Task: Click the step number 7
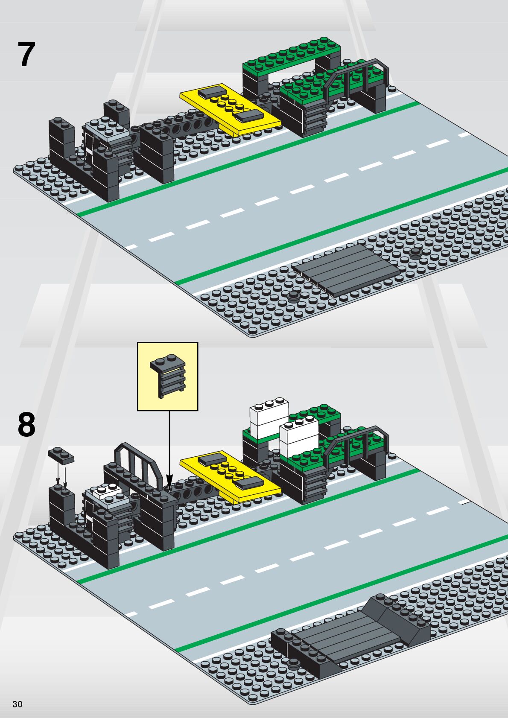[x=26, y=55]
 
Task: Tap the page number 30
[x=17, y=704]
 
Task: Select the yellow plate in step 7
[x=231, y=109]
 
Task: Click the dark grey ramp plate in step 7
[x=346, y=269]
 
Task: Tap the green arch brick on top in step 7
[x=292, y=58]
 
